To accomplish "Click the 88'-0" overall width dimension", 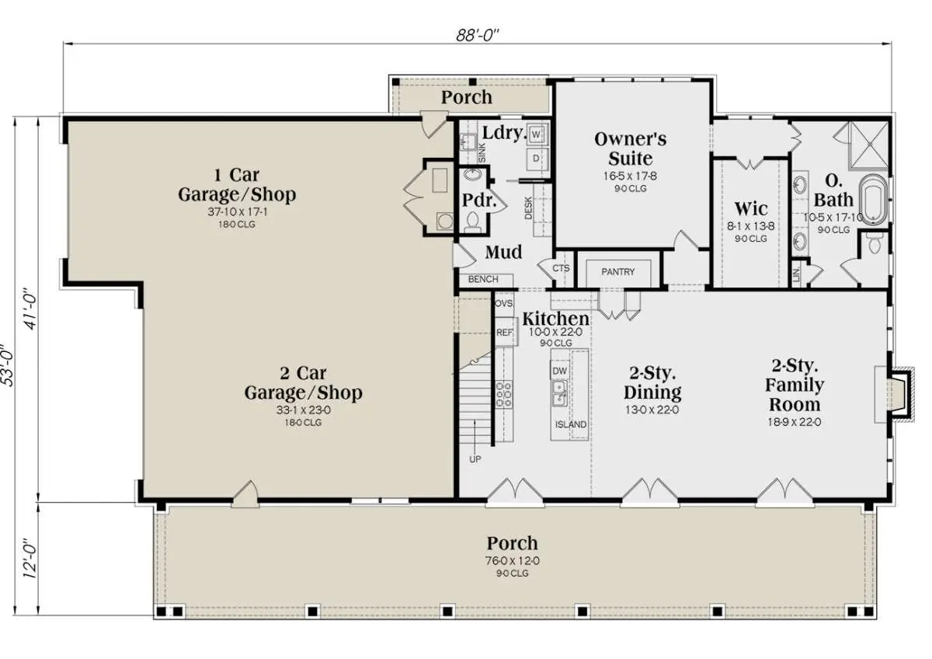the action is [x=477, y=36].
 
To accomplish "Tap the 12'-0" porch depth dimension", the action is [x=30, y=559].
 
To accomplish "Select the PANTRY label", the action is [x=618, y=272].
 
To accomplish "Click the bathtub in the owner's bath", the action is [x=874, y=200].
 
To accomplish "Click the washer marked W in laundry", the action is [x=536, y=134].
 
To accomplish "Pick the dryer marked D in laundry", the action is [x=536, y=159].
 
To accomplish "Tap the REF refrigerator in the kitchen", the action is [x=505, y=332].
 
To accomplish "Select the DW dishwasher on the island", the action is [x=560, y=371].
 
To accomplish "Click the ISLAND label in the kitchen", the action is [x=570, y=424].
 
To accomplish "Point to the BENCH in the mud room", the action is [x=483, y=279].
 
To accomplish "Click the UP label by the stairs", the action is [x=475, y=459].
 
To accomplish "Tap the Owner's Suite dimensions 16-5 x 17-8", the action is [x=630, y=176].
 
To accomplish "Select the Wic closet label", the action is [x=751, y=208].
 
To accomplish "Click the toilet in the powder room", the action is [x=473, y=221].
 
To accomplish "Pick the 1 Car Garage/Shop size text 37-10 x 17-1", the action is [x=237, y=211].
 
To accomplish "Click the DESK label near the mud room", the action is [x=528, y=208].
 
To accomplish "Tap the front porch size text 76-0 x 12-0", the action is [x=512, y=561].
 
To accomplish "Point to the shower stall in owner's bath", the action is [x=868, y=145].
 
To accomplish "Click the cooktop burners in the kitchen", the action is [x=503, y=395].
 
